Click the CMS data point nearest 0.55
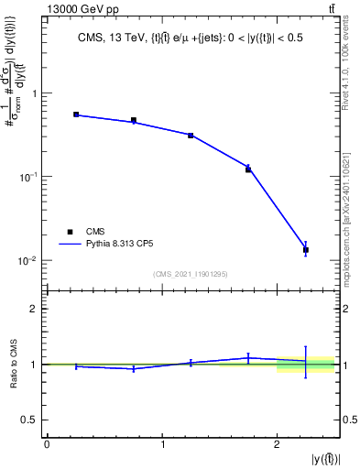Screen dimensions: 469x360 click(76, 115)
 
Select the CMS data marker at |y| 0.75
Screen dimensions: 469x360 click(134, 120)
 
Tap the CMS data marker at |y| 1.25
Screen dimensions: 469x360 click(191, 135)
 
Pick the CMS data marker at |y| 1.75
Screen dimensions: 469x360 click(248, 169)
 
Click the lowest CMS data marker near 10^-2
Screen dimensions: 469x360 click(306, 249)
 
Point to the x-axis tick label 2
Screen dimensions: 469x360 click(277, 444)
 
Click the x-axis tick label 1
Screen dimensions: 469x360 click(162, 444)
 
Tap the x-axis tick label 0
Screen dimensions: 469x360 click(47, 444)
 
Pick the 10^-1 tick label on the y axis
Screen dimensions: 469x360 click(29, 177)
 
